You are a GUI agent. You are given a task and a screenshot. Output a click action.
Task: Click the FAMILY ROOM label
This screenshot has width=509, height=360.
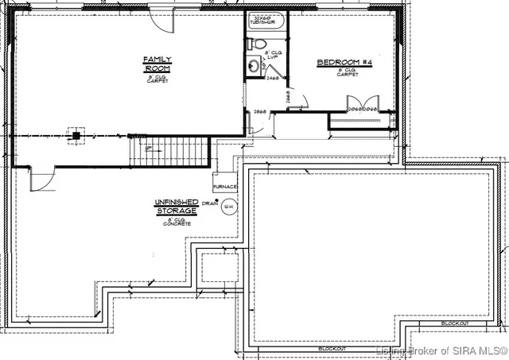(152, 64)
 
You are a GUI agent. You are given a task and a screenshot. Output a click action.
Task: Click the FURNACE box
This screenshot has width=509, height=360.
(224, 188)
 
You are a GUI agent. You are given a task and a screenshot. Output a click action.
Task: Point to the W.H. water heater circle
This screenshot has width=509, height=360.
(229, 207)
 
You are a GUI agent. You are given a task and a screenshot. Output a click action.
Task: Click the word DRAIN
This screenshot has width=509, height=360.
(209, 203)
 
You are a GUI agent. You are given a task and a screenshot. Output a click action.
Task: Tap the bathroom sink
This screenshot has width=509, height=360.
(252, 67)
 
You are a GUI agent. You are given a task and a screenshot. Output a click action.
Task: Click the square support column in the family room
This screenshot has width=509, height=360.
(76, 135)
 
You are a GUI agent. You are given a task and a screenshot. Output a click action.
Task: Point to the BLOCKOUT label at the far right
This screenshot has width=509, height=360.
(454, 323)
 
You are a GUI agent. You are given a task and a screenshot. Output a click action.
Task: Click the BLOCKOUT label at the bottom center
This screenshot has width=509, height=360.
(330, 349)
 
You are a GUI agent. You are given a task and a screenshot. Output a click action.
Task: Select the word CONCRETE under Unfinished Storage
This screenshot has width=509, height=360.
(176, 225)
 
